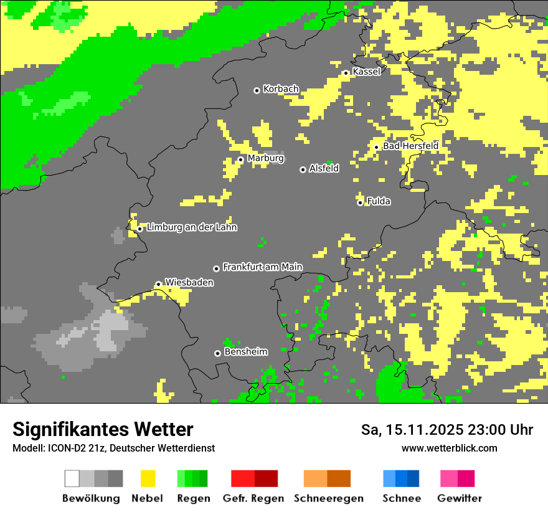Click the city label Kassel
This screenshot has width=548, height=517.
coord(366,72)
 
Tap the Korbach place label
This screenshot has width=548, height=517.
coord(281,89)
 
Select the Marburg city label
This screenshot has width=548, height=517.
coord(265,158)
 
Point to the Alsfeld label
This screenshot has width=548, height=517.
coord(324,168)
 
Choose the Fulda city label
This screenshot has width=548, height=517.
coord(379,201)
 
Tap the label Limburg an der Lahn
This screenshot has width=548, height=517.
coord(192,227)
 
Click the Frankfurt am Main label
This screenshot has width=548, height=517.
coord(262,267)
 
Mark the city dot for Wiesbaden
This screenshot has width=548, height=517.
coord(159,284)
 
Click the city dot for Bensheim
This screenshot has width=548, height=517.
coord(217,353)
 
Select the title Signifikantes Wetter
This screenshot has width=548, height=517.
coord(103,429)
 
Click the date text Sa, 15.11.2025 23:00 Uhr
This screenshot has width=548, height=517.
coord(447,430)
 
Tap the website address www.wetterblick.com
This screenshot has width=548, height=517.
coord(450,448)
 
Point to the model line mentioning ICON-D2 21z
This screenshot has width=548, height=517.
coord(113,448)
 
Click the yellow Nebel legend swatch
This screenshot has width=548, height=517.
coord(148,478)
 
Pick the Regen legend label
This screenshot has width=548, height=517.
coord(193,498)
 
